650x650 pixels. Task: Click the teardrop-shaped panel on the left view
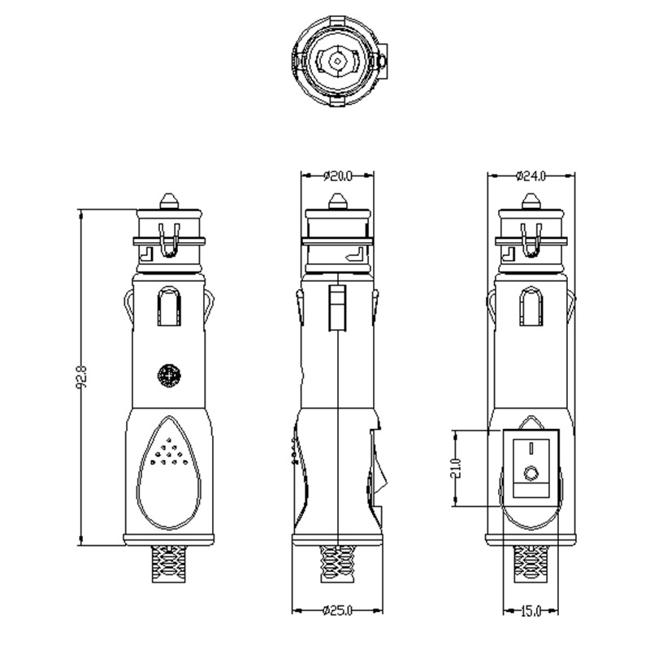(x=168, y=470)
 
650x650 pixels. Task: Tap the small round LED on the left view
(x=168, y=375)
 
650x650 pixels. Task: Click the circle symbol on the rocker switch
(x=531, y=473)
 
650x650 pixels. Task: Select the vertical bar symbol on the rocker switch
(x=531, y=447)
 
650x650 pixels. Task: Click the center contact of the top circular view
(x=338, y=59)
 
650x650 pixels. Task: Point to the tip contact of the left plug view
(x=168, y=200)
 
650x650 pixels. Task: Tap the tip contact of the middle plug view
(x=337, y=200)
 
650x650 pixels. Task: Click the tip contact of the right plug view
(x=531, y=200)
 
